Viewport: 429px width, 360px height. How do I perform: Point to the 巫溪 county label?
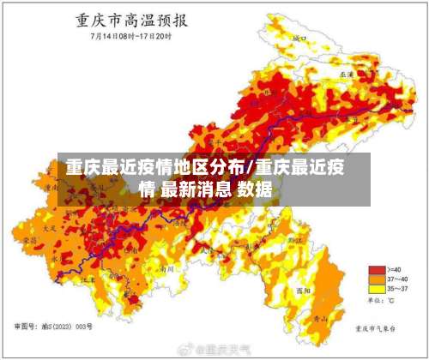[347, 75]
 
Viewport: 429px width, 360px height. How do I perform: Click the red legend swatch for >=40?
[375, 269]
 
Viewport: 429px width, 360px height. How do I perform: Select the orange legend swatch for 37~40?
[375, 279]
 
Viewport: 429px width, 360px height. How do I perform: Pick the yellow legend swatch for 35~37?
[375, 290]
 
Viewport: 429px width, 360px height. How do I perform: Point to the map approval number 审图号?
[51, 328]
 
